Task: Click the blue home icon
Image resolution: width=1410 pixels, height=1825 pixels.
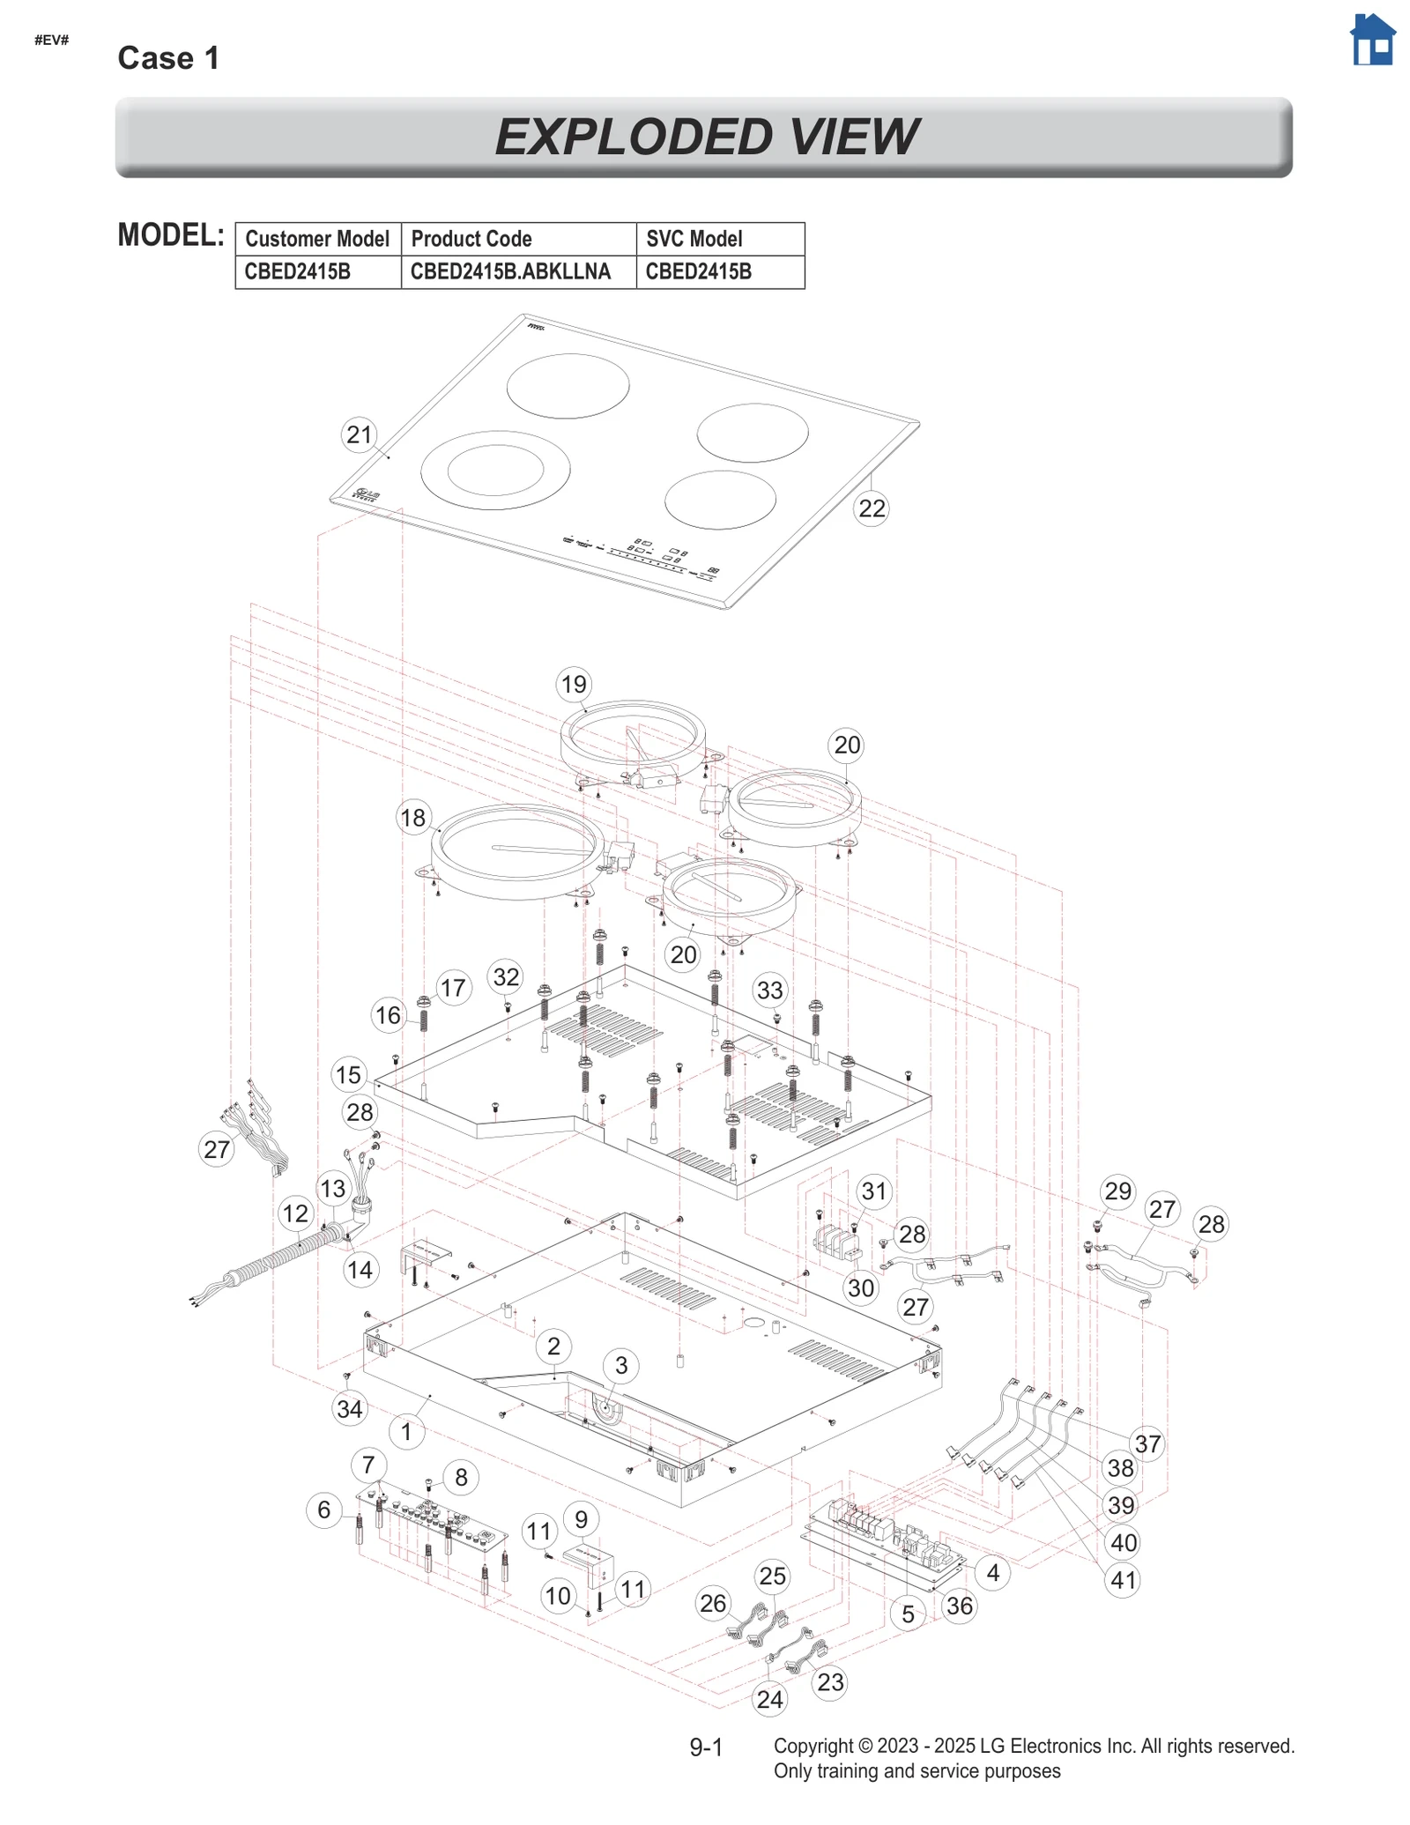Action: pos(1372,41)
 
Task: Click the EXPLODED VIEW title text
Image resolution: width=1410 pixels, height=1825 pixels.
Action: pos(705,137)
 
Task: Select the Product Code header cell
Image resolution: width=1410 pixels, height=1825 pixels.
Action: pos(518,239)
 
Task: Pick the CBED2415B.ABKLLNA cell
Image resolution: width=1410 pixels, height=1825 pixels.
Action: pos(518,271)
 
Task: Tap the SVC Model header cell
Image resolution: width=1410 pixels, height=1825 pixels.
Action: pos(719,239)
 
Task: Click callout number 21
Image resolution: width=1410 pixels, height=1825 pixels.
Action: pos(359,434)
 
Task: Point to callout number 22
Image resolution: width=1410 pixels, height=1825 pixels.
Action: pos(871,508)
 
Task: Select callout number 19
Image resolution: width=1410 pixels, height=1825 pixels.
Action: pos(574,684)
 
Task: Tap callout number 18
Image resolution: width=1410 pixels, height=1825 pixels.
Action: pos(412,818)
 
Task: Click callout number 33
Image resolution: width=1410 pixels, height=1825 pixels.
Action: pos(769,990)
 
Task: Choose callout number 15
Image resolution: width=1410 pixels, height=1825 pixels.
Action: pos(348,1074)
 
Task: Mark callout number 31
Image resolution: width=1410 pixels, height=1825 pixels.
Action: pos(873,1191)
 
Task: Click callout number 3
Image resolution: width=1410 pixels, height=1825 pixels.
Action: pos(621,1365)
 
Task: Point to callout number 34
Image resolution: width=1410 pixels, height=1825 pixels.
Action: pos(350,1409)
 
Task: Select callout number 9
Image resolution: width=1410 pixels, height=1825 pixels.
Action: pos(581,1519)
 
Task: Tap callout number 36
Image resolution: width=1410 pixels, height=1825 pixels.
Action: pos(959,1606)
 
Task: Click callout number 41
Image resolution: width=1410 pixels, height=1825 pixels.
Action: pos(1123,1580)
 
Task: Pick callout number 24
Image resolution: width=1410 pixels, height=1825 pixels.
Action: pos(769,1699)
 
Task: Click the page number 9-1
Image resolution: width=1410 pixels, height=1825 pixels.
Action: pos(706,1747)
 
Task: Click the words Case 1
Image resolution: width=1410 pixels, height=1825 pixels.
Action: pos(168,58)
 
